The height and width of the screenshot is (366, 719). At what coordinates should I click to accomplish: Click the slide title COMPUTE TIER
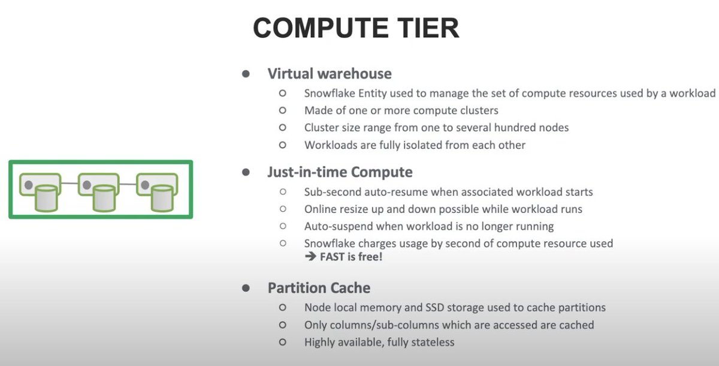click(356, 28)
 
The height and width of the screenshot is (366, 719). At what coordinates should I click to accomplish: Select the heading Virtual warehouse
click(330, 74)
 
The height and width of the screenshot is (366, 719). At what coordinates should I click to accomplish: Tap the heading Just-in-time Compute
click(340, 172)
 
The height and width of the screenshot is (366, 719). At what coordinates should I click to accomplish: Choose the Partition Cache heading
click(319, 287)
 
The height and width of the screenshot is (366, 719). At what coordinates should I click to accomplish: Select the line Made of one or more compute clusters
click(401, 110)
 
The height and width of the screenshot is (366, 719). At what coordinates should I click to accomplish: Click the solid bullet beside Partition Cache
click(246, 288)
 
